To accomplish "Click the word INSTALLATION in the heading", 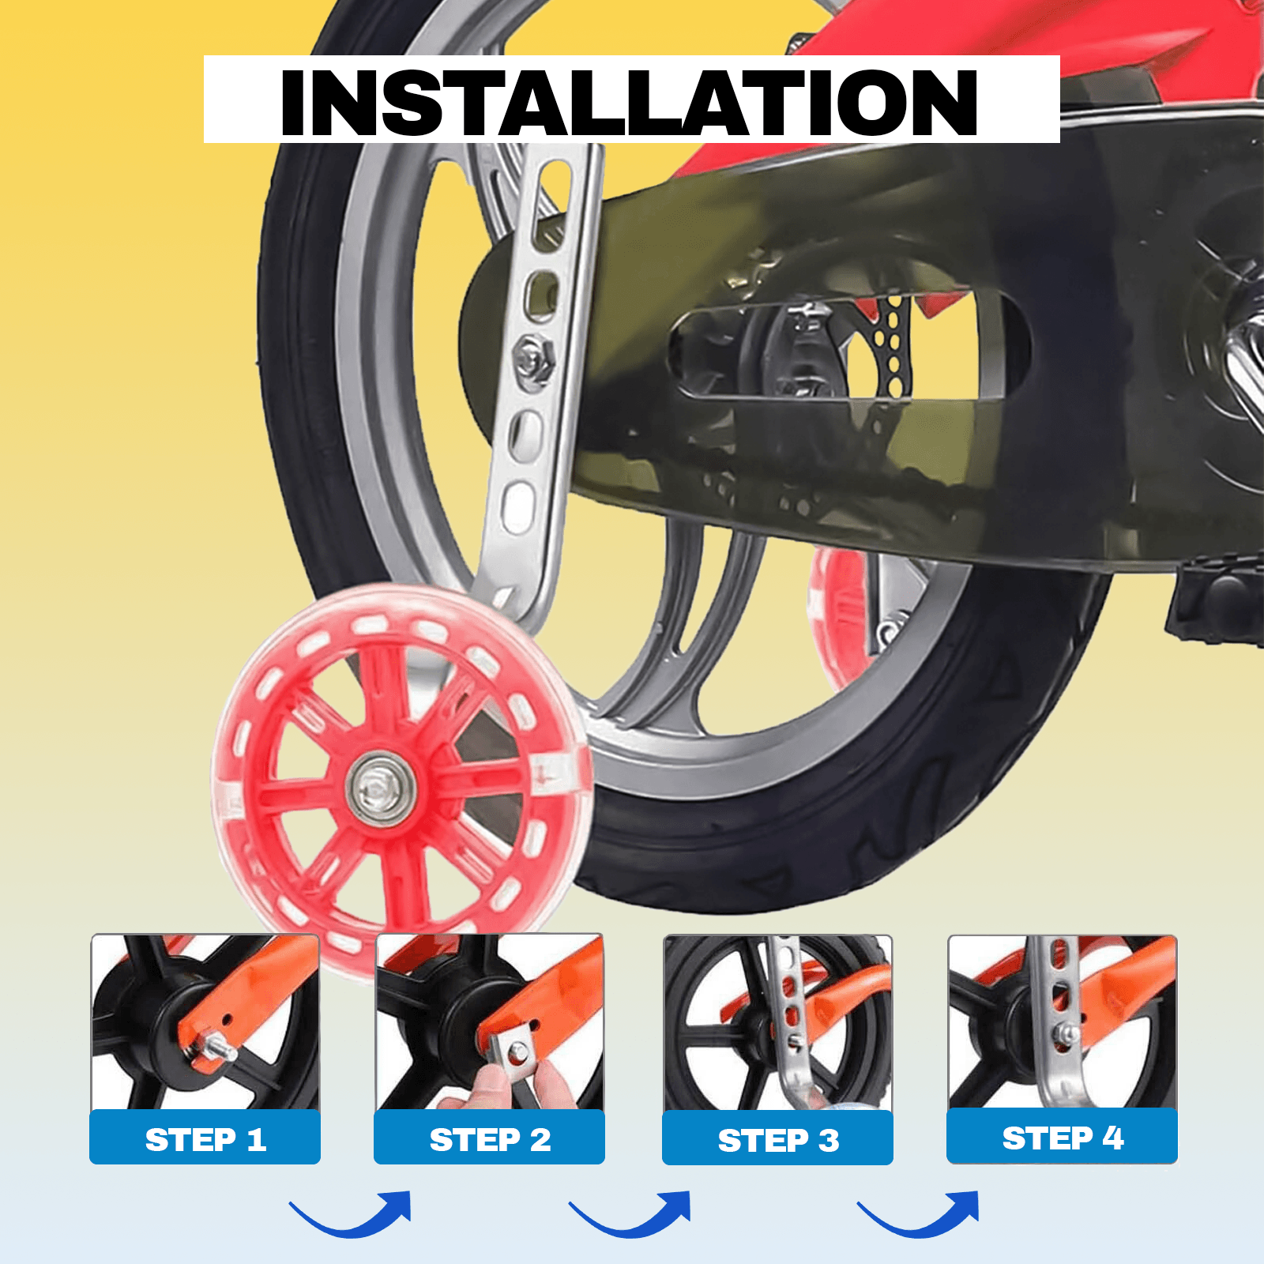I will (630, 101).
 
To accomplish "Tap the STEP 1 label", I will (205, 1139).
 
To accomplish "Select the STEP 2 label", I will (490, 1139).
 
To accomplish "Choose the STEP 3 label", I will (778, 1140).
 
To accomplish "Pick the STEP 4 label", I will (1063, 1138).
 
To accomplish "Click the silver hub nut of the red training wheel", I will (378, 788).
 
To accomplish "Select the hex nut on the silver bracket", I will (532, 359).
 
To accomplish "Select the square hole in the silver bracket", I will (542, 293).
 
